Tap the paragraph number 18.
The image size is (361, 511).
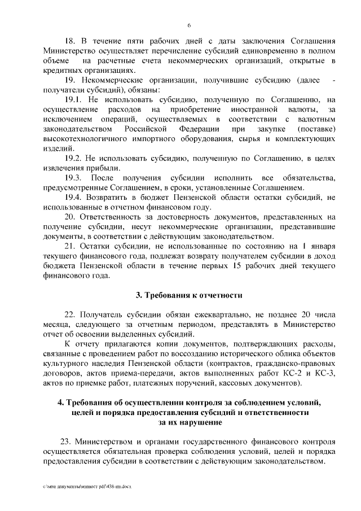[x=71, y=42]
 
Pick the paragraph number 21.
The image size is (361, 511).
[x=71, y=247]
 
